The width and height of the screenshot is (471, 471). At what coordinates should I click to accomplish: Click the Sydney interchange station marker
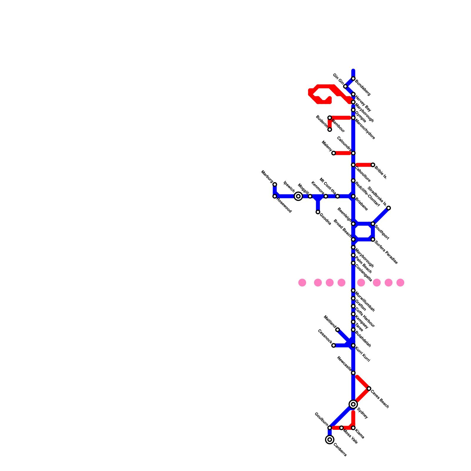coord(353,404)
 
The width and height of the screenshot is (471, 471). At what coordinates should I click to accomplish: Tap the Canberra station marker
coord(330,440)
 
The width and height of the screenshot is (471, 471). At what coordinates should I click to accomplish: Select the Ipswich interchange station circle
coord(298,196)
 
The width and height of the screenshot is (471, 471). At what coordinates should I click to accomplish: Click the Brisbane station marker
coord(353,196)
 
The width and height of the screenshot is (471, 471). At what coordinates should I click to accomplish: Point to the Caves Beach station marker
coord(369,389)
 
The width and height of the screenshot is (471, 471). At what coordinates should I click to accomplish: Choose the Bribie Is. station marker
coord(373,165)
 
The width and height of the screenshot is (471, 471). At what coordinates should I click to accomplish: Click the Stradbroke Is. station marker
coord(389,208)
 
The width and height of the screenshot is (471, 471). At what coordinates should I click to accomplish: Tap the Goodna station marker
coord(318,212)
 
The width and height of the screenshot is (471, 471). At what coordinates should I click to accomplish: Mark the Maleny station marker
coord(334,153)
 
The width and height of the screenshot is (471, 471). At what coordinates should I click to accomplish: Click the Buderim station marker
coord(330,130)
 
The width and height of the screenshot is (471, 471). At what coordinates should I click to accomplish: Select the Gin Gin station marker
coord(345,86)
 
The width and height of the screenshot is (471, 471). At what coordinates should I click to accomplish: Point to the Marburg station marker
coord(275,185)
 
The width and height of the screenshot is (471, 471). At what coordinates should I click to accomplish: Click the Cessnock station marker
coord(334,345)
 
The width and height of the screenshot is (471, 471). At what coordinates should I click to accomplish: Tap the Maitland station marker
coord(338,330)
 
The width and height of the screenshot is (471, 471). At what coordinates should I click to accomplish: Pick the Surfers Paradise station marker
coord(373,240)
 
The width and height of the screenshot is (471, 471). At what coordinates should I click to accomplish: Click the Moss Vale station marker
coord(341,428)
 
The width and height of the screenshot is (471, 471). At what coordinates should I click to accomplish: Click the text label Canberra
coord(340,450)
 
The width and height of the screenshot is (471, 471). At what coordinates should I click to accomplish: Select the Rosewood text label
coord(284,206)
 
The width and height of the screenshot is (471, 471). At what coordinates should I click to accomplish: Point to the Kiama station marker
coord(353,428)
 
